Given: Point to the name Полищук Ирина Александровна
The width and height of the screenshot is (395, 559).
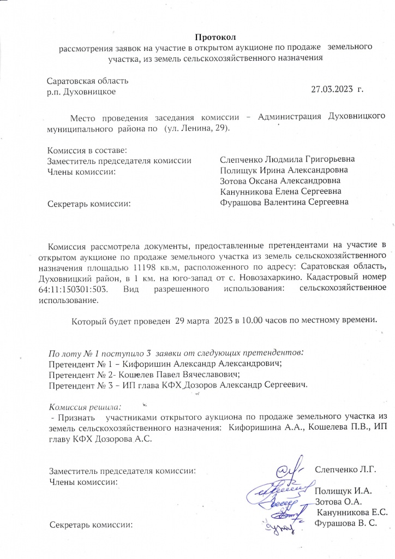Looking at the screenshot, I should click(x=284, y=170).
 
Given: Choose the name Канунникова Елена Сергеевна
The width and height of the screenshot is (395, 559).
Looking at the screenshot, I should click(x=281, y=192).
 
